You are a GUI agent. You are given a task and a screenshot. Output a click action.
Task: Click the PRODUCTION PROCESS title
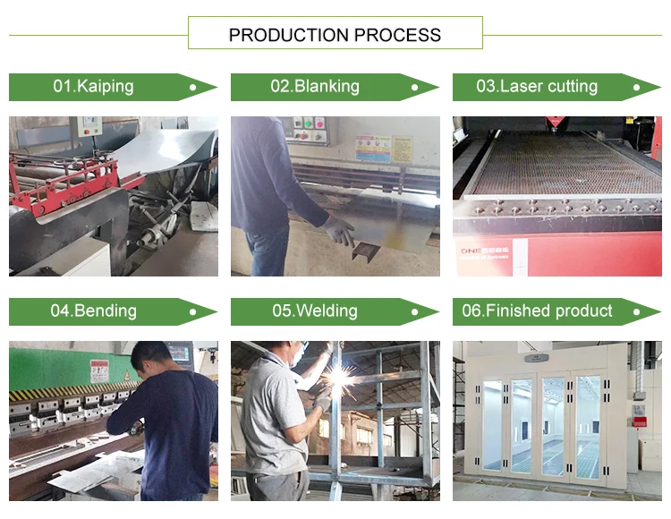click(x=335, y=35)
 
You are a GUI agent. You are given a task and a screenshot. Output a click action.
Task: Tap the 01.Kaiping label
click(x=93, y=87)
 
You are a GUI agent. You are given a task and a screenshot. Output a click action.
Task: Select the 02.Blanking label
click(x=315, y=87)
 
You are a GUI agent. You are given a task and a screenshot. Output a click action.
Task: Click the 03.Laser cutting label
click(x=537, y=87)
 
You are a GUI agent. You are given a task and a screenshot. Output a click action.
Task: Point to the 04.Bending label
click(x=93, y=311)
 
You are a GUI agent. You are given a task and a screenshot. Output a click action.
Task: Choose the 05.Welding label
click(x=315, y=311)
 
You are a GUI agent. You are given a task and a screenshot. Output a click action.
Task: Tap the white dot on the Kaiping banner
click(x=191, y=88)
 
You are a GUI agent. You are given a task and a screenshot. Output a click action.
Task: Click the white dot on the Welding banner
click(x=413, y=312)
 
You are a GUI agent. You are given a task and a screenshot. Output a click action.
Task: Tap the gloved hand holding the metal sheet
click(x=337, y=231)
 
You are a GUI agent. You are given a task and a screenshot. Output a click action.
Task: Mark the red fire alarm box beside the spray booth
click(x=639, y=418)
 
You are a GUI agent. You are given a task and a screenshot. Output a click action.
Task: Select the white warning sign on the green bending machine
click(x=98, y=370)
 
